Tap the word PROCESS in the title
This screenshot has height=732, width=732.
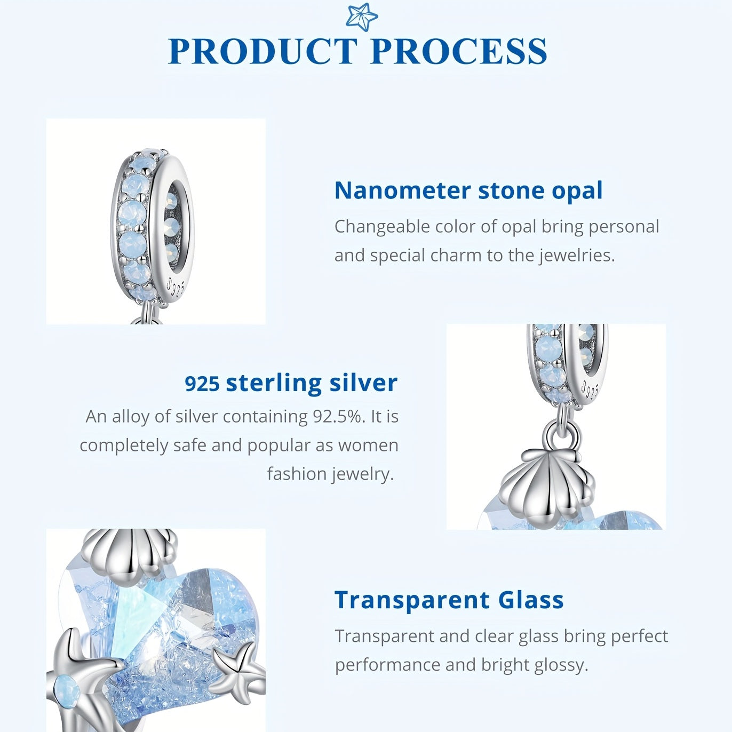pyautogui.click(x=459, y=51)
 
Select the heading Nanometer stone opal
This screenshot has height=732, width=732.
pyautogui.click(x=468, y=191)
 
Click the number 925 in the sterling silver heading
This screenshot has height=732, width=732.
pyautogui.click(x=202, y=384)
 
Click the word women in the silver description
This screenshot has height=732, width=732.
pyautogui.click(x=368, y=445)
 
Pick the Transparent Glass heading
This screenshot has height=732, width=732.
pyautogui.click(x=449, y=600)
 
